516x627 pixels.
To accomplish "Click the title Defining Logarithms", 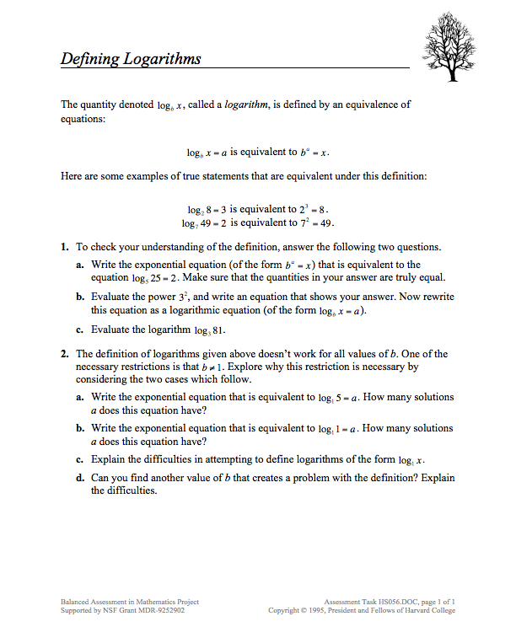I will (131, 59).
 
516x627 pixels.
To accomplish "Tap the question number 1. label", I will (64, 248).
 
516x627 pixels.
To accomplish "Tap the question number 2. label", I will (64, 354).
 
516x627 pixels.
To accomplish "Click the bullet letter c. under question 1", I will (79, 330).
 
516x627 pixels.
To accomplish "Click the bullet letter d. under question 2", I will (79, 477).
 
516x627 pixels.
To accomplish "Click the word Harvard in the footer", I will (422, 610).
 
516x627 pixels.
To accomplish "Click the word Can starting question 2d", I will (99, 477).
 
